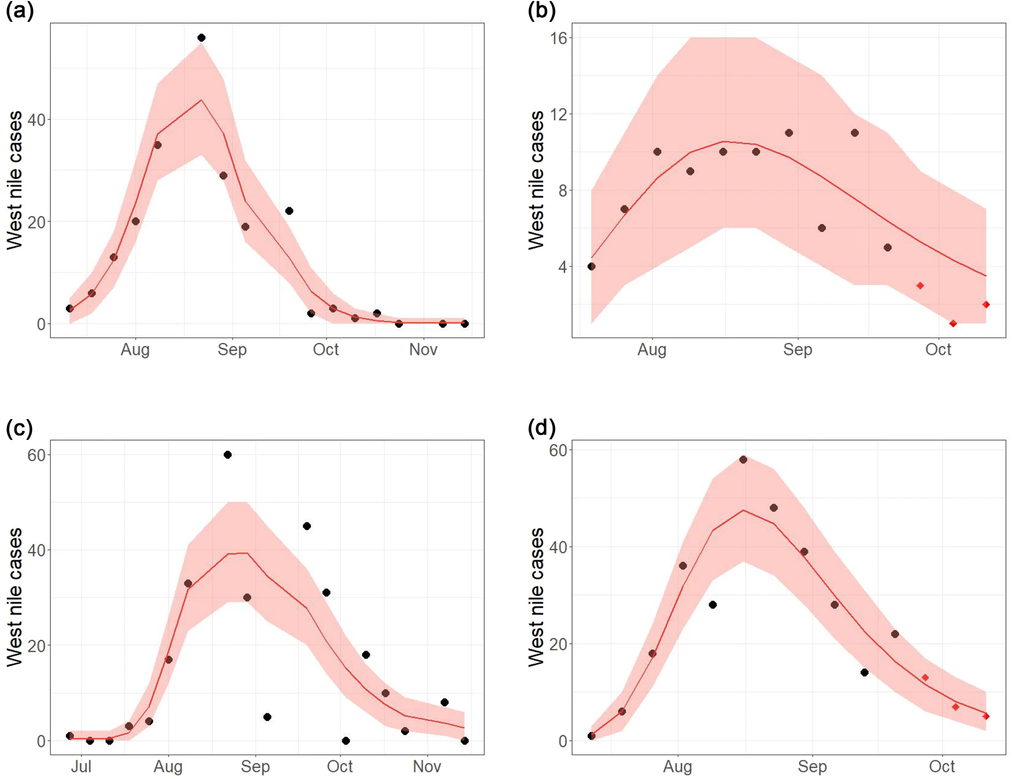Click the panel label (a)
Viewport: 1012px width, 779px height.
(20, 11)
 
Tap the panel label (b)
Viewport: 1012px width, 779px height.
(542, 11)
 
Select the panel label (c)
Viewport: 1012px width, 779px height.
(19, 428)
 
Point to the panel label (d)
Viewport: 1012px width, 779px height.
(542, 428)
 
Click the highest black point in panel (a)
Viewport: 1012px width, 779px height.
(201, 38)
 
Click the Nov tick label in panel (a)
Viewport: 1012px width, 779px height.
(423, 350)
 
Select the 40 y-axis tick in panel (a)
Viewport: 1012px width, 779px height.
(36, 120)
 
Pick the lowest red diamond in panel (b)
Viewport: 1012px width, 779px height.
(953, 324)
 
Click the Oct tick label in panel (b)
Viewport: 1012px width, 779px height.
(938, 350)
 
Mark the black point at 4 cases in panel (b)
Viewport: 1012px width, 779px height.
(591, 267)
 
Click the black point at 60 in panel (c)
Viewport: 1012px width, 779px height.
(227, 455)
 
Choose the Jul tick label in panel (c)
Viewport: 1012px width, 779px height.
(81, 767)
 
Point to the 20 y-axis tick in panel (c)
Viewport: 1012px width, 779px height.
(36, 646)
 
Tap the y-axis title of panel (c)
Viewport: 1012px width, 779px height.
(15, 597)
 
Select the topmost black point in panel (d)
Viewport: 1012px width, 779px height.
(743, 460)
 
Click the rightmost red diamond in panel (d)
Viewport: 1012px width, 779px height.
(986, 717)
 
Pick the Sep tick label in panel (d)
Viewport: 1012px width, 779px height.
(812, 767)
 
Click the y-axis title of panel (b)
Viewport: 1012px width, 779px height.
(536, 180)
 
